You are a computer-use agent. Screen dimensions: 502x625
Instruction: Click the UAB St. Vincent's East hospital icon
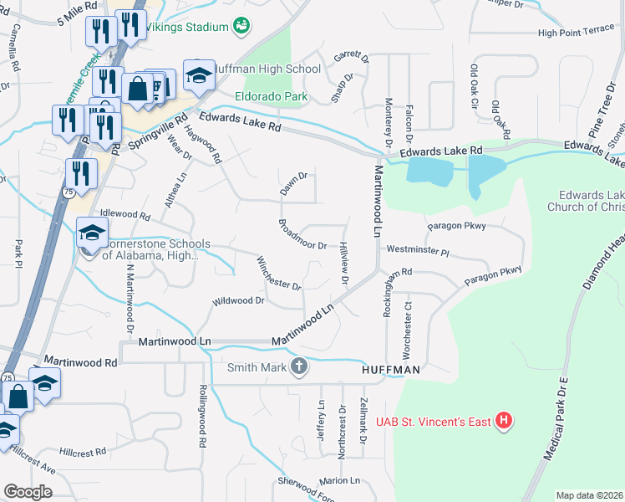click(x=503, y=421)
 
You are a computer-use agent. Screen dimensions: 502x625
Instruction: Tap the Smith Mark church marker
click(x=299, y=366)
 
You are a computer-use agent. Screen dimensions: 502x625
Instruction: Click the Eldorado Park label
click(x=272, y=96)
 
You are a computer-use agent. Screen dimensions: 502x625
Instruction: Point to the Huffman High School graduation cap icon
click(x=199, y=76)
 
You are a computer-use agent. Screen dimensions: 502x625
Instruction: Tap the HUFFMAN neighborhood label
click(x=390, y=369)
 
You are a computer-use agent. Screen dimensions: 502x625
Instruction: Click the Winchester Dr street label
click(x=279, y=273)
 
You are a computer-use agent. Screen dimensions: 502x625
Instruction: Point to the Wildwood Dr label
click(x=238, y=300)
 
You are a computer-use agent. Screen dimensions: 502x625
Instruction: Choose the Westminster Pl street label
click(x=418, y=250)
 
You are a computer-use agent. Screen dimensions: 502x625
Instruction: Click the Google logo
click(x=28, y=492)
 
